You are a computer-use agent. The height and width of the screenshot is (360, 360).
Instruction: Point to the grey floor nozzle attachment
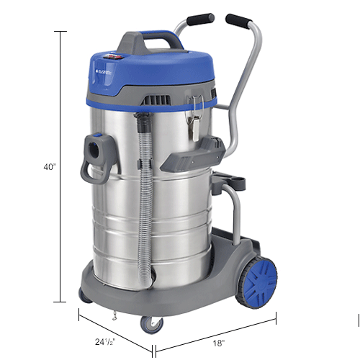coord(192,154)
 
